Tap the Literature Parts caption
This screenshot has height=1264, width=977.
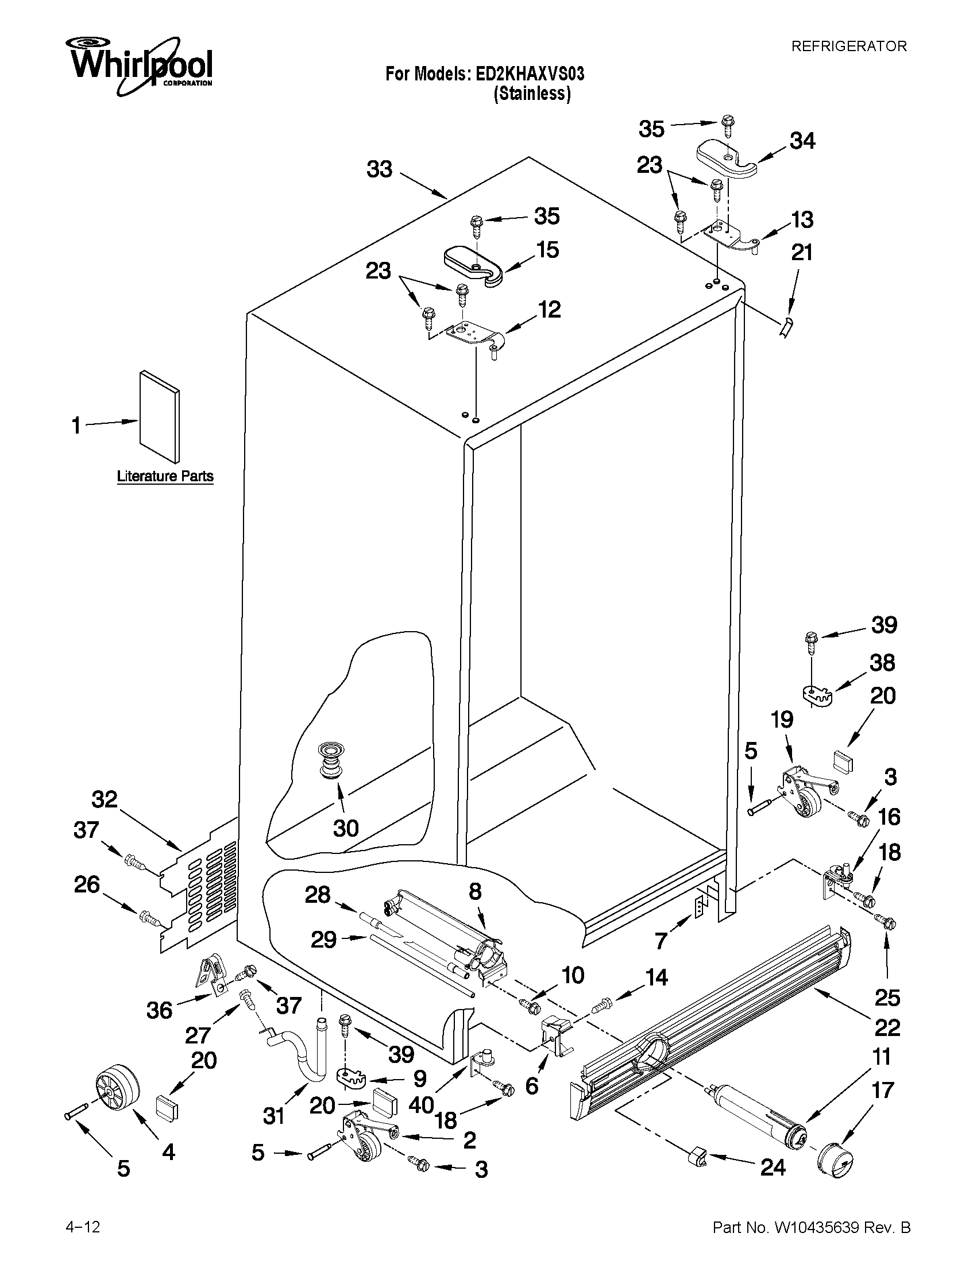click(x=165, y=476)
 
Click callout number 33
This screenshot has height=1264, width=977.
click(x=379, y=169)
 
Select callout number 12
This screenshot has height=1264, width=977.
click(x=549, y=310)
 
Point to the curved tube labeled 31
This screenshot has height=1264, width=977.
click(x=306, y=1057)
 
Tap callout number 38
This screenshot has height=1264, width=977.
click(x=882, y=663)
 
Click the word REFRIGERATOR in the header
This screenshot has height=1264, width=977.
click(x=848, y=47)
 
